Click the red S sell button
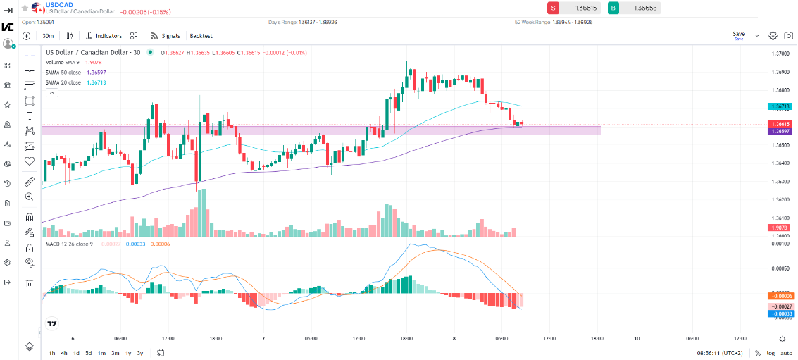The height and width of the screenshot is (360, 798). [x=554, y=8]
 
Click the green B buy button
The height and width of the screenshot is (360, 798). [x=613, y=8]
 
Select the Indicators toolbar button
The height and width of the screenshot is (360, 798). [x=104, y=35]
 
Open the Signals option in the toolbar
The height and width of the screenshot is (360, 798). [x=166, y=35]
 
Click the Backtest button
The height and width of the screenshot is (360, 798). [x=201, y=35]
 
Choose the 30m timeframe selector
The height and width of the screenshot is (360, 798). [x=48, y=35]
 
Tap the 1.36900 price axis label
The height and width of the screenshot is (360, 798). [x=779, y=72]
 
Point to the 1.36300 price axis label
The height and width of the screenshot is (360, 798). [x=779, y=182]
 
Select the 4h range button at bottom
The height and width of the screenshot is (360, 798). [x=64, y=352]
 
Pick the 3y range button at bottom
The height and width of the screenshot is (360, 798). [x=140, y=352]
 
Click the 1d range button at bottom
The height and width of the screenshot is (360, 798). [x=76, y=352]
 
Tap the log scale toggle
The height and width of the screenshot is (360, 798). [x=771, y=352]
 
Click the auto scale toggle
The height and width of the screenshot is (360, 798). [x=786, y=352]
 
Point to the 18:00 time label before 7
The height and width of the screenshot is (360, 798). [x=216, y=337]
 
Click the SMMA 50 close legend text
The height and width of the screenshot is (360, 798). [x=63, y=73]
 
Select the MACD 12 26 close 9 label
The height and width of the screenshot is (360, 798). [x=68, y=244]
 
